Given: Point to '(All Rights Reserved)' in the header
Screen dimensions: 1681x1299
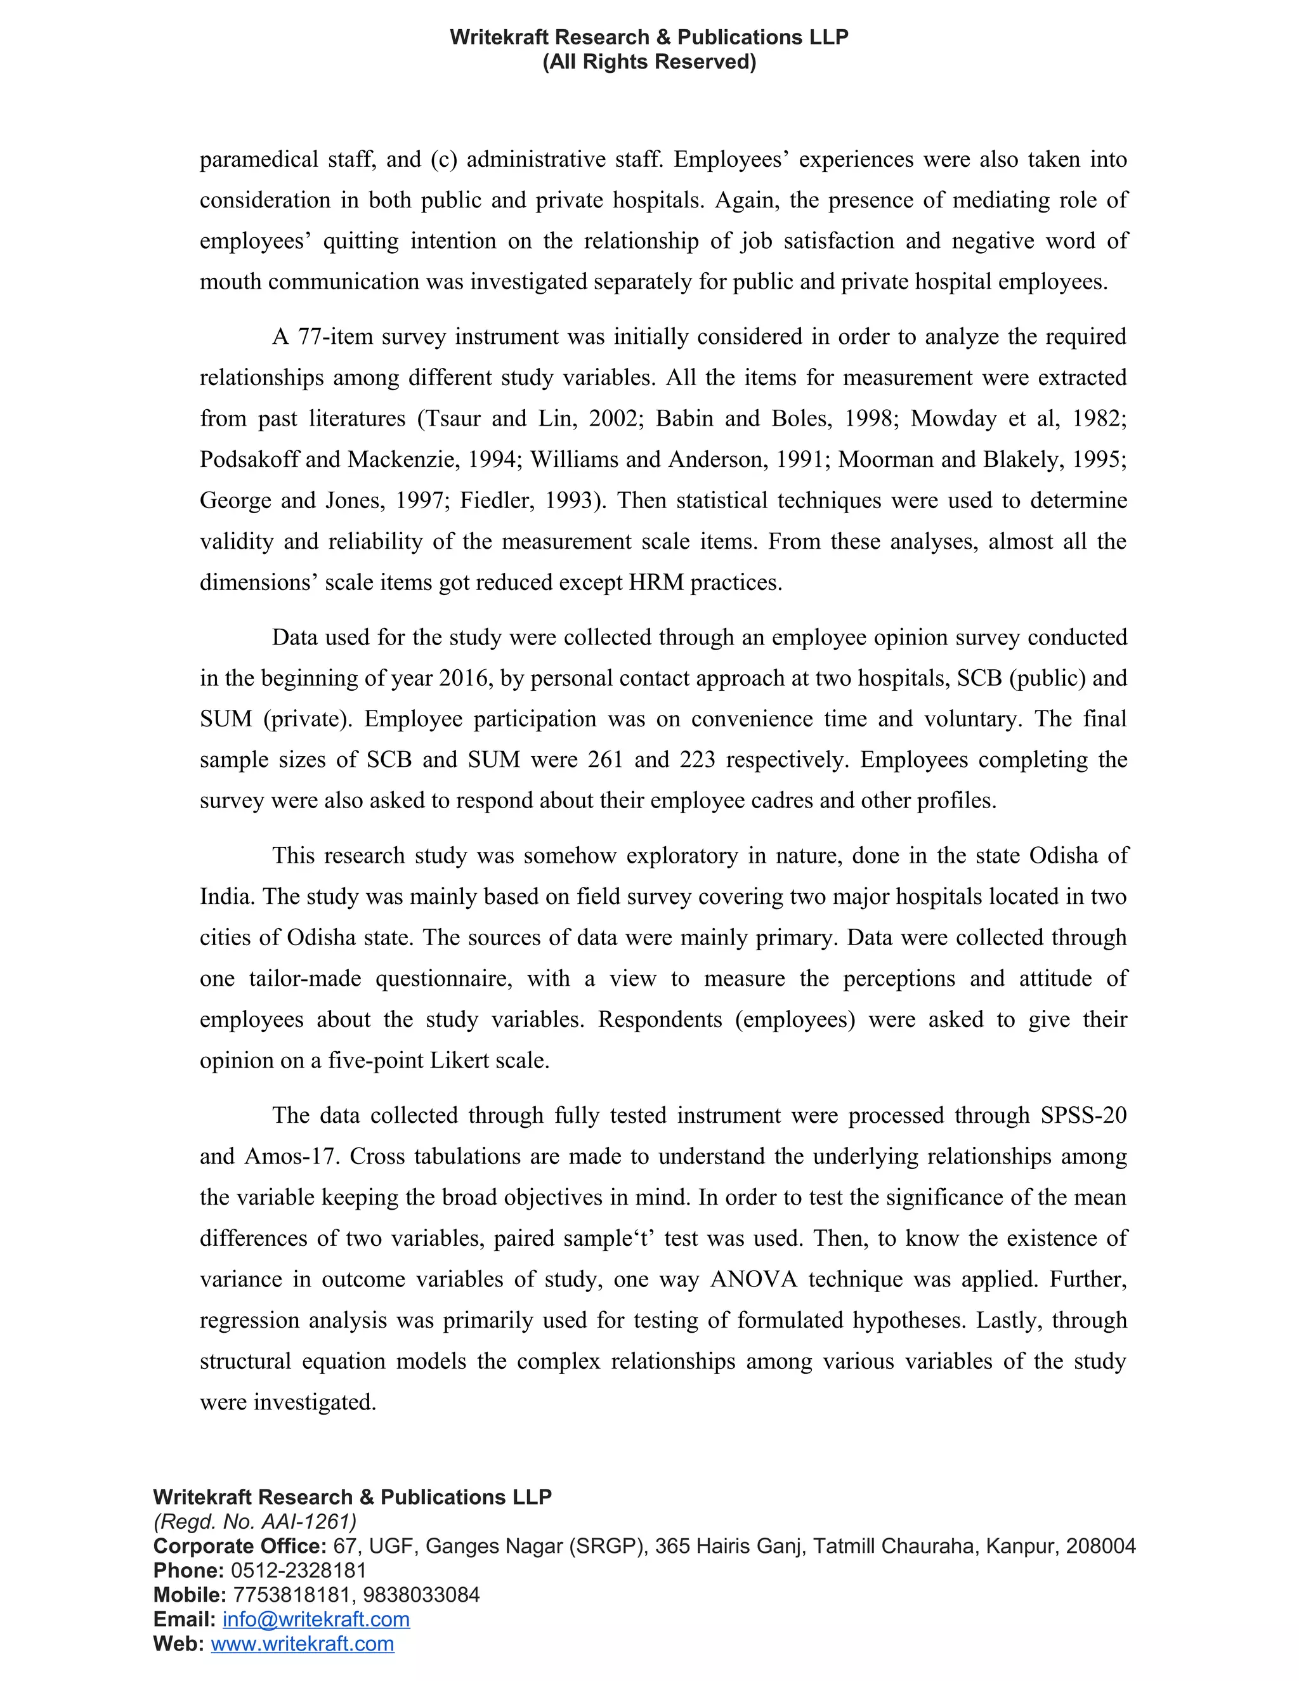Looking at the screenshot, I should click(649, 62).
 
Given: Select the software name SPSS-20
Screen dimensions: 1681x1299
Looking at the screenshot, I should click(1083, 1116).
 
